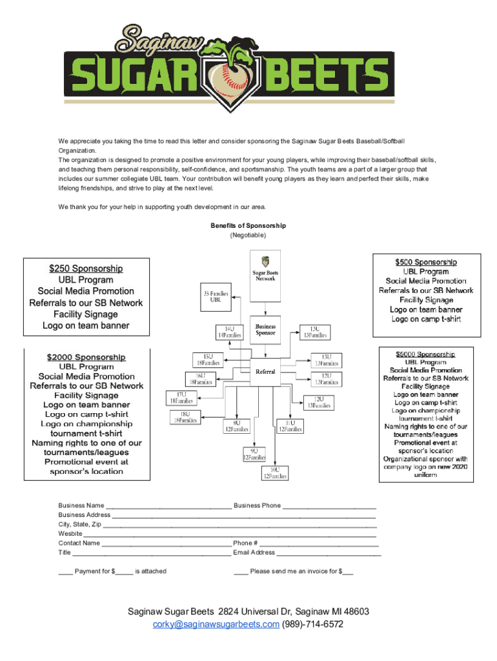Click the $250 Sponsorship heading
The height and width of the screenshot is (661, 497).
coord(86,269)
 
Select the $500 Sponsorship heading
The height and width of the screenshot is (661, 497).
coord(426,262)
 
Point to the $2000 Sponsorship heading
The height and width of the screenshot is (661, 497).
coord(86,357)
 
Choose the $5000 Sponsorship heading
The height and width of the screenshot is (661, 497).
coord(425,354)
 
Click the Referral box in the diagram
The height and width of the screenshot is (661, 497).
coord(265,372)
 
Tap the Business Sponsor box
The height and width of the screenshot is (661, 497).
coord(265,330)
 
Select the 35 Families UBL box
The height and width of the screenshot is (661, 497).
coord(216,297)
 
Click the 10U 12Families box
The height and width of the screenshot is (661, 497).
coord(274,473)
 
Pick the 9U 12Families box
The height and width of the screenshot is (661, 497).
coord(254,454)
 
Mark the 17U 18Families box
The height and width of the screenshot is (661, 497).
coord(181,397)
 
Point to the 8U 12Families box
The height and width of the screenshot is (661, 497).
coord(237,425)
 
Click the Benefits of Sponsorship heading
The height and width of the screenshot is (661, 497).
coord(248,226)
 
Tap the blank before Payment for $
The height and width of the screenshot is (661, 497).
coord(65,571)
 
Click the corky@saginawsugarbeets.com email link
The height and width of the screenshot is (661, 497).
coord(216,624)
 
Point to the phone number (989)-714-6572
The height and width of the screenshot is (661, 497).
coord(312,624)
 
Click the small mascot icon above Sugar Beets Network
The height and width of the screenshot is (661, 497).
coord(265,262)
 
